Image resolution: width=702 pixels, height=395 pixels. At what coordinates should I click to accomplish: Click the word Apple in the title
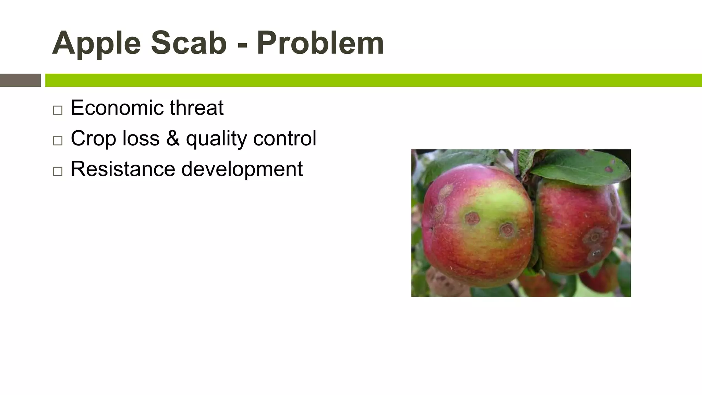[x=96, y=44]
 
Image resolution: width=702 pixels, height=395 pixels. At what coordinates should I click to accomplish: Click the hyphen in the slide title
[x=242, y=45]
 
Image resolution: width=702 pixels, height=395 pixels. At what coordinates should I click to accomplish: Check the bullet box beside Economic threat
[x=58, y=110]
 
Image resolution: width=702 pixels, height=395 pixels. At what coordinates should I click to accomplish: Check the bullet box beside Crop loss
[x=58, y=141]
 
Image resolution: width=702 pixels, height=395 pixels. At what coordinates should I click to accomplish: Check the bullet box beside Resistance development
[x=58, y=171]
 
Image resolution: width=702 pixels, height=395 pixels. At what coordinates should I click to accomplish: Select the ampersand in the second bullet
[x=173, y=138]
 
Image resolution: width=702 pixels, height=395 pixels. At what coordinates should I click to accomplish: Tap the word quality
[x=216, y=139]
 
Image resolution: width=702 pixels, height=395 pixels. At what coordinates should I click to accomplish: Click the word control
[x=285, y=138]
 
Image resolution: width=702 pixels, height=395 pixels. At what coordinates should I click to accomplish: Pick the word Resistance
[x=123, y=169]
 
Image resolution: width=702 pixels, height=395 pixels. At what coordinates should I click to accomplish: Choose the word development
[x=242, y=169]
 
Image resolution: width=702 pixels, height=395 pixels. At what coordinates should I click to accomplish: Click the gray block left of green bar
[x=20, y=80]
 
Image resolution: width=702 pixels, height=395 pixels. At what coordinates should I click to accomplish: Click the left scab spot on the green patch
[x=472, y=218]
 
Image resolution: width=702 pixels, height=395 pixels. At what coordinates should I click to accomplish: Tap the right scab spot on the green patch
[x=507, y=229]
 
